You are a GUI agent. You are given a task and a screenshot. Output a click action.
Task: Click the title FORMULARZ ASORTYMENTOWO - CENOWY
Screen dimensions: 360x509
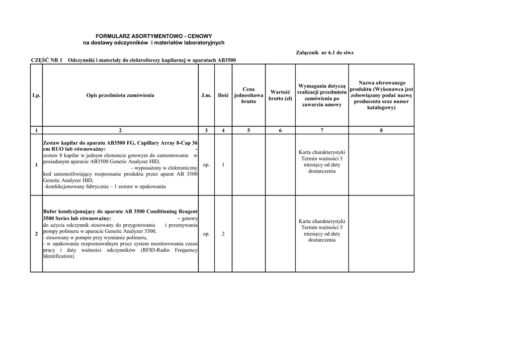154,36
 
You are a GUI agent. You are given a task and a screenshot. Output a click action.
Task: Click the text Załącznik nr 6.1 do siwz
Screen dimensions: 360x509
325,52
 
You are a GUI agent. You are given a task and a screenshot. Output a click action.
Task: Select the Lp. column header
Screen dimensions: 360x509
36,95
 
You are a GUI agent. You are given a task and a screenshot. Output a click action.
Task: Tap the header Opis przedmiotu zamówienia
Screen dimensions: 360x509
120,95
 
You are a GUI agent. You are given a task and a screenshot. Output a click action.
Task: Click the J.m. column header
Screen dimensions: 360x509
206,95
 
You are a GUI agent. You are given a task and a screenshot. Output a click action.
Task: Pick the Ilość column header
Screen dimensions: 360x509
223,95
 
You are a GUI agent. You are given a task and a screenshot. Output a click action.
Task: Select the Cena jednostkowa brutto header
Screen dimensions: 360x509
249,95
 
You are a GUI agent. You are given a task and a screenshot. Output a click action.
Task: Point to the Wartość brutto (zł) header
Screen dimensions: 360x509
280,95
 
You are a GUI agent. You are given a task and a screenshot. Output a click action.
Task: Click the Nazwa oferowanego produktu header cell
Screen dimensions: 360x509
381,95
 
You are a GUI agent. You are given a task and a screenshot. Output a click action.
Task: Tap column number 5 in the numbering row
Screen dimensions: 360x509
249,130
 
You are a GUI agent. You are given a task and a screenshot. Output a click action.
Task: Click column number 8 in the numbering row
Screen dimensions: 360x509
381,130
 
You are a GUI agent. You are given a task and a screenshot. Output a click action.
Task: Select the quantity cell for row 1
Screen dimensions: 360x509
223,165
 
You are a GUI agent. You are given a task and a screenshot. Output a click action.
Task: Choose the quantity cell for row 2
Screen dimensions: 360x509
223,234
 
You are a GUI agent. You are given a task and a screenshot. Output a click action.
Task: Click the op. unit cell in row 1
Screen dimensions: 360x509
206,165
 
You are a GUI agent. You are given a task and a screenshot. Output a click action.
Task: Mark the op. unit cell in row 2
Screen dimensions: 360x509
206,234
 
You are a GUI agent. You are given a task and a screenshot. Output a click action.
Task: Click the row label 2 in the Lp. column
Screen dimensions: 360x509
36,234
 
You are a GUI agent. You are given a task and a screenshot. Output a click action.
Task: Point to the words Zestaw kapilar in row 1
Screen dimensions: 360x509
60,142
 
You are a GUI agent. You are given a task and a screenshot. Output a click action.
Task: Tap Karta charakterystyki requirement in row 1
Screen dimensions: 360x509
322,152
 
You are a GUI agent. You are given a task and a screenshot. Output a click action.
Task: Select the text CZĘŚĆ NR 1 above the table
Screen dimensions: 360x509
47,60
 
